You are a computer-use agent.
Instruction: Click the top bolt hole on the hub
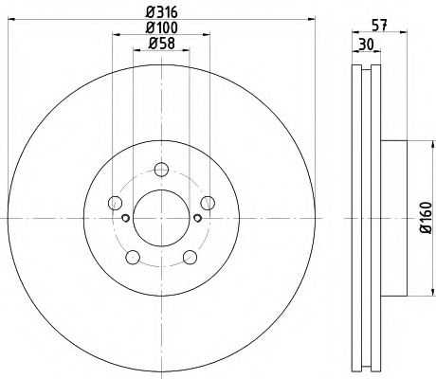pyautogui.click(x=160, y=170)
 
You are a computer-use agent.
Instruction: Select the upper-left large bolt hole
pyautogui.click(x=116, y=202)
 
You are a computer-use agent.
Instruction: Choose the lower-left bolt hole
pyautogui.click(x=133, y=255)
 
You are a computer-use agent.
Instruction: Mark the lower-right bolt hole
pyautogui.click(x=189, y=255)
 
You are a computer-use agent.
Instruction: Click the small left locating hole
pyautogui.click(x=126, y=218)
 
